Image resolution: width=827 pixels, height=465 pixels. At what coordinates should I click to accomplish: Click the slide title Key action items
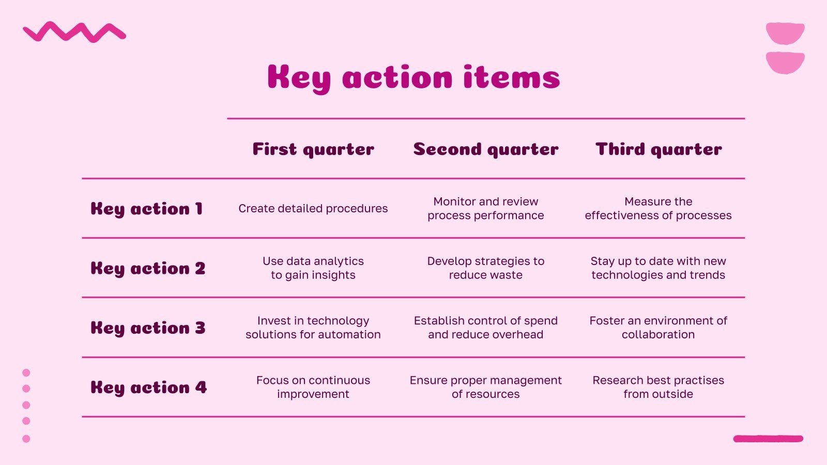413,78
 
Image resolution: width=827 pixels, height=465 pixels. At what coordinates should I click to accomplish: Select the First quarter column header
313,149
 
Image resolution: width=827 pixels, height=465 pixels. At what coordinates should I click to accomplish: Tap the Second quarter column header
486,149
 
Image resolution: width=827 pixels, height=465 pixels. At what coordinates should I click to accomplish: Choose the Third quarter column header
658,149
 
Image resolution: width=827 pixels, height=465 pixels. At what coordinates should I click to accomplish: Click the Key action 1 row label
147,209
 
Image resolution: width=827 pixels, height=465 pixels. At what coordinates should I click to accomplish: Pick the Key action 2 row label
148,269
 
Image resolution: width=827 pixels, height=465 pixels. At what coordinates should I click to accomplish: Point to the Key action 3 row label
148,328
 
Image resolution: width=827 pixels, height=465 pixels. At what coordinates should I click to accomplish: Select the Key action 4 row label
148,388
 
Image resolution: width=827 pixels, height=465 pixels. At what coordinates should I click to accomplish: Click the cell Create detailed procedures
313,209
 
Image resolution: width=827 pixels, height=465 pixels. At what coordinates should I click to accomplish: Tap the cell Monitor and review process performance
486,209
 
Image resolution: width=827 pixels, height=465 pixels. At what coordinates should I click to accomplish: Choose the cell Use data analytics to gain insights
313,268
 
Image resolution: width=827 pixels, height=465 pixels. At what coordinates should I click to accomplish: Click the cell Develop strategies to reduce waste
486,268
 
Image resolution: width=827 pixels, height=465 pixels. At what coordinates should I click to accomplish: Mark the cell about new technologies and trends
658,268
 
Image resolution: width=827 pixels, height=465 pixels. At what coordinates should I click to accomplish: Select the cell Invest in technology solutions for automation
313,328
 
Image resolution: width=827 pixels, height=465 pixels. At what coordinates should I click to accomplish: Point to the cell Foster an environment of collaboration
658,328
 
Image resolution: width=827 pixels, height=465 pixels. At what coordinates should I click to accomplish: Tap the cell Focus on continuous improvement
313,387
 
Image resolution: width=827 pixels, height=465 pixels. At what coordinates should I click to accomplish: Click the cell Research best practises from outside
658,387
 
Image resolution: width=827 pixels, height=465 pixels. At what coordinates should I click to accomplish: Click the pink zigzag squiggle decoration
74,32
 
